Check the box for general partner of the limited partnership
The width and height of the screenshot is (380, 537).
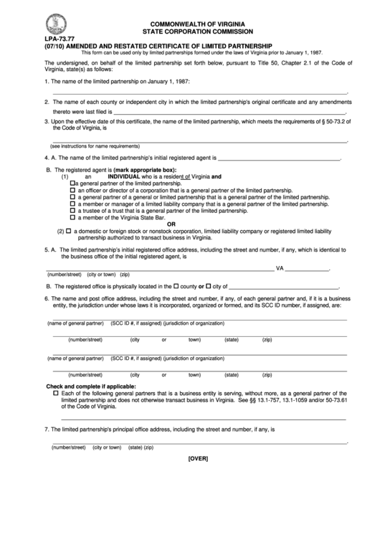tap(73, 184)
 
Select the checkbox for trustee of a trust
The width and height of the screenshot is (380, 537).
tap(73, 211)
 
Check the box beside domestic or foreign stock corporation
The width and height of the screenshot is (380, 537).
tap(68, 231)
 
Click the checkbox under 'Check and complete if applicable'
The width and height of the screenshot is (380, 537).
tap(56, 394)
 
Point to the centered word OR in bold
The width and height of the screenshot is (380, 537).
tap(191, 223)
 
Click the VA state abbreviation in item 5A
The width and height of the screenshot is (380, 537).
tap(280, 268)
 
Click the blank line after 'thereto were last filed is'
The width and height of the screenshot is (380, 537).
tap(229, 113)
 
